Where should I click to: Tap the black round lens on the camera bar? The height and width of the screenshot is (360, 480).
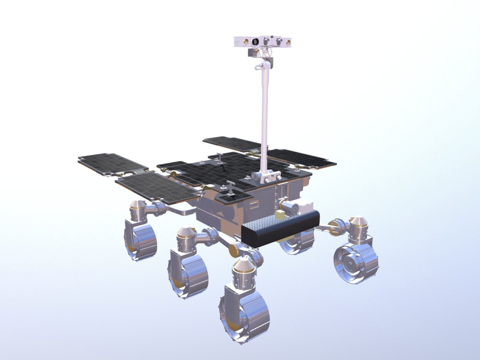coord(256,41)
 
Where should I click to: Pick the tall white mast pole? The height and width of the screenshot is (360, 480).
coord(267,110)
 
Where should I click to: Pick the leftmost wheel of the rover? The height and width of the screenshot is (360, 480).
coord(140,240)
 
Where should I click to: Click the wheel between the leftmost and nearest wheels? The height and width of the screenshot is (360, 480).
coord(189,270)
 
